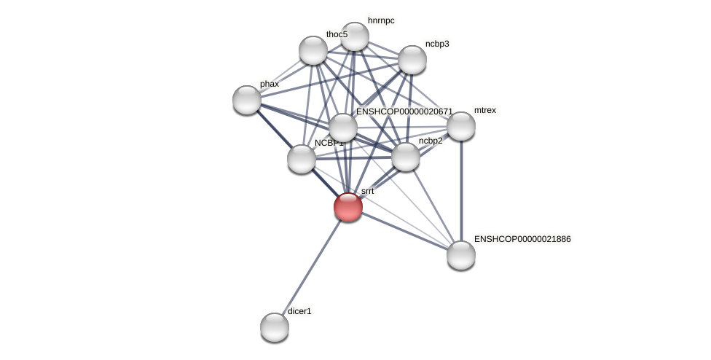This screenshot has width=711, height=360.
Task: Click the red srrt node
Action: pyautogui.click(x=348, y=207)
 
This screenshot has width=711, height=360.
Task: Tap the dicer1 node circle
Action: pyautogui.click(x=275, y=327)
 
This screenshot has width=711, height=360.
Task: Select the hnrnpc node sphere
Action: pyautogui.click(x=355, y=36)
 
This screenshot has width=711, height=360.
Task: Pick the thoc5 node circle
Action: pyautogui.click(x=313, y=50)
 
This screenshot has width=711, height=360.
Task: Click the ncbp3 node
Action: pyautogui.click(x=412, y=60)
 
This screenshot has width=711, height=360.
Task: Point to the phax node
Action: pyautogui.click(x=247, y=100)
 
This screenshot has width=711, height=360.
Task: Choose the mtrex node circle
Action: pyautogui.click(x=461, y=126)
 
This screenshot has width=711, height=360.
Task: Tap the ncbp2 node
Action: pyautogui.click(x=406, y=157)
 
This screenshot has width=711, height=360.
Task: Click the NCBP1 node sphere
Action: pyautogui.click(x=302, y=159)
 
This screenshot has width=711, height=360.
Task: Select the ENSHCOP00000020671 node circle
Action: pyautogui.click(x=343, y=128)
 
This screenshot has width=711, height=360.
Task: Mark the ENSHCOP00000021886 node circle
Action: pyautogui.click(x=461, y=255)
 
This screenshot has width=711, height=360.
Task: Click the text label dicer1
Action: pyautogui.click(x=299, y=311)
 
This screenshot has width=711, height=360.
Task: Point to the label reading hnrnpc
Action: pyautogui.click(x=381, y=20)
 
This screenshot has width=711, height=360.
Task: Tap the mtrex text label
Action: pyautogui.click(x=484, y=110)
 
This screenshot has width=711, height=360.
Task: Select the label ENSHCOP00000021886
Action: pyautogui.click(x=522, y=239)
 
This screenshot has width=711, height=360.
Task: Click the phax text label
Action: pyautogui.click(x=270, y=84)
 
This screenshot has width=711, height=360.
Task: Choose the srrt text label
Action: pyautogui.click(x=367, y=191)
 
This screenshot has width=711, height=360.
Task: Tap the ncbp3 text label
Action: pyautogui.click(x=437, y=44)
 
